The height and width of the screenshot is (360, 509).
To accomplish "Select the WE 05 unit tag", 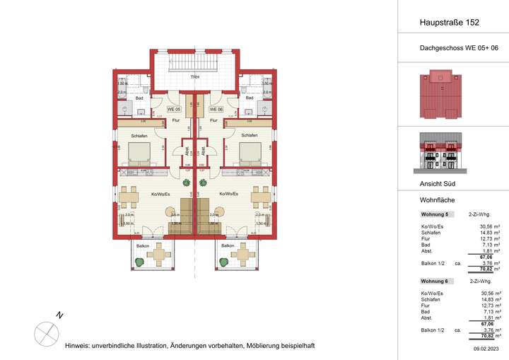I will click(x=173, y=110).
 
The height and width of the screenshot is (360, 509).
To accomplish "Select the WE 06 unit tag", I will click(x=216, y=110).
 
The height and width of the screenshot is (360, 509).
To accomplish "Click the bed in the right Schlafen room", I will click(x=250, y=152).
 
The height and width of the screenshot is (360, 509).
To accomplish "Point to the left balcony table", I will click(x=160, y=253).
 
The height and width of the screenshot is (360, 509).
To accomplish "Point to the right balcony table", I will click(x=244, y=253).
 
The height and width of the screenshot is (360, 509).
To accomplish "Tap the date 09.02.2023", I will click(x=486, y=349).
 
